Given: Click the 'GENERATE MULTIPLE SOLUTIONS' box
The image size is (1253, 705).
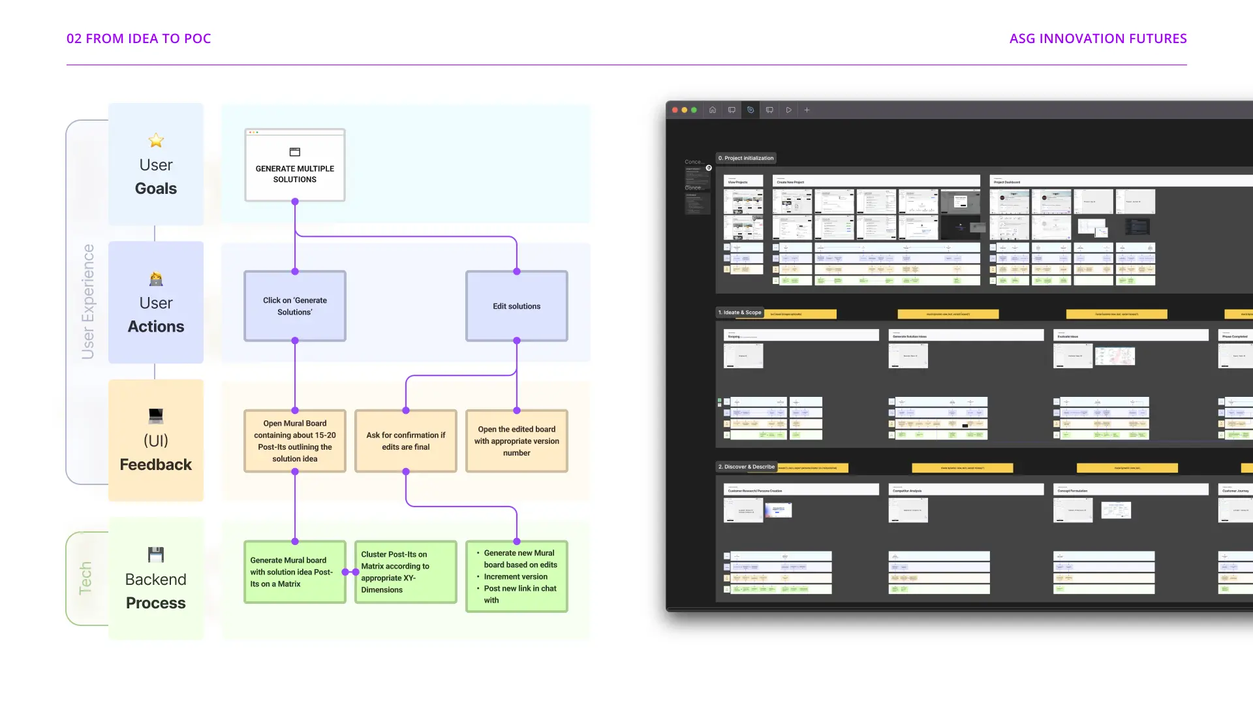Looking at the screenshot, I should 295,166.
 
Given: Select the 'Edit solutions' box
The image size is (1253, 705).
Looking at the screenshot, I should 516,306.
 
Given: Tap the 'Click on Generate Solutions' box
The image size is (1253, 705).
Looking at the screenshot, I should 295,306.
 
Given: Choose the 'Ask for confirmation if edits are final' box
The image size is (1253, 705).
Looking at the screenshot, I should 405,441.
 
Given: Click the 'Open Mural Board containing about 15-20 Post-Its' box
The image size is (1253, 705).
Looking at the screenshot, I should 295,441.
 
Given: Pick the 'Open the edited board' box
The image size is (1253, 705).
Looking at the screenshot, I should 516,441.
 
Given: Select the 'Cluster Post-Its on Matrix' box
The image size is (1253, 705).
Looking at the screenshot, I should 405,572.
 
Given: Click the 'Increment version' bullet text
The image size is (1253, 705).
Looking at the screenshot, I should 516,576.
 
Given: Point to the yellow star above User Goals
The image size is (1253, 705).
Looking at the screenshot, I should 156,140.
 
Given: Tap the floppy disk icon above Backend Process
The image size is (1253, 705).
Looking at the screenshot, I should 156,554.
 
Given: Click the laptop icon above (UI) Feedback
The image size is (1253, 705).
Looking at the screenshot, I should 156,416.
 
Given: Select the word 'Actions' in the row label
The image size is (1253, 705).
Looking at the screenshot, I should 156,326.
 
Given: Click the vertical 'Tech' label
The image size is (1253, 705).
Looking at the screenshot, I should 85,578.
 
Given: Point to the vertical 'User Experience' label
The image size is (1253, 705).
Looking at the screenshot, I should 87,302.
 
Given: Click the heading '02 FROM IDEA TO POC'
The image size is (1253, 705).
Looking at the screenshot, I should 138,39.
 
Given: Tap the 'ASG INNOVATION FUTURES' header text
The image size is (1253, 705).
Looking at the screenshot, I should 1098,39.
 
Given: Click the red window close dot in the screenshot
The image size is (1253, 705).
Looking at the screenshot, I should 675,110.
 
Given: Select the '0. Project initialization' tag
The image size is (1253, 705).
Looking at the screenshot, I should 746,158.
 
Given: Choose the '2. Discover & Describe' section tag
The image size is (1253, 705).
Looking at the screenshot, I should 747,467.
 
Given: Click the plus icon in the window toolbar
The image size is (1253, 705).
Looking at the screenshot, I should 807,110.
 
